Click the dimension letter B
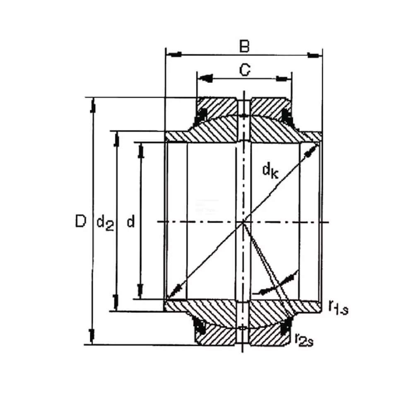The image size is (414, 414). (x=245, y=46)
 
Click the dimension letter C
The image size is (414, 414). (x=245, y=70)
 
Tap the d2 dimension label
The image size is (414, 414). (x=105, y=223)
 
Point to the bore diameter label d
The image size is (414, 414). (x=131, y=222)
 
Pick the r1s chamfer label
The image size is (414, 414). (x=337, y=306)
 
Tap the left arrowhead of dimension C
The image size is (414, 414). (x=205, y=78)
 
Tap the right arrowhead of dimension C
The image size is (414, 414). (x=282, y=78)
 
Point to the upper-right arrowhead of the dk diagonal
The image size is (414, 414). (x=311, y=149)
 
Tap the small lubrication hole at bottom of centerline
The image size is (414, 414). (x=243, y=329)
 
